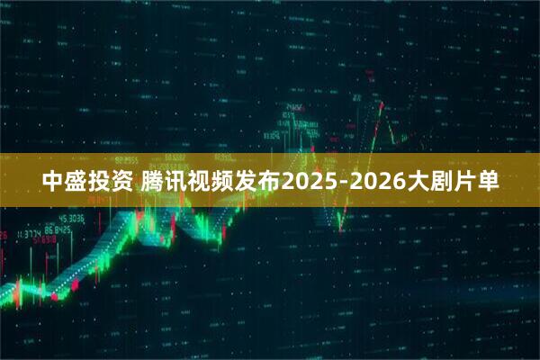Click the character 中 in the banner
54,181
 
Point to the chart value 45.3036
71,219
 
